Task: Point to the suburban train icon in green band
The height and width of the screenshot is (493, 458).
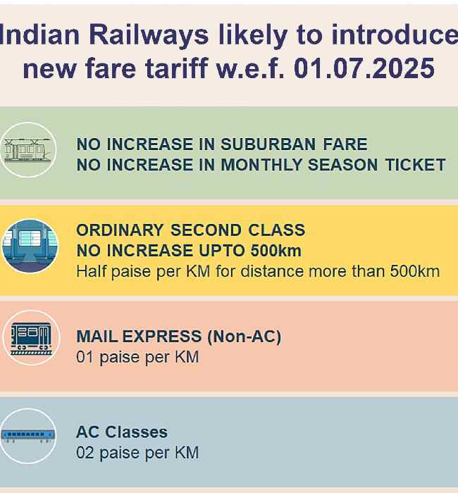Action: pos(28,149)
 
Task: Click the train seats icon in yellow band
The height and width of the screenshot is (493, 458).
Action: pos(28,246)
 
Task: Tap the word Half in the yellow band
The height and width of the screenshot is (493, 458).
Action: pos(91,271)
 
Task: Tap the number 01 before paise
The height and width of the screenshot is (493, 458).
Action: pos(85,357)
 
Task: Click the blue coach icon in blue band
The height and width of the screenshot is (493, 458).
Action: pos(28,436)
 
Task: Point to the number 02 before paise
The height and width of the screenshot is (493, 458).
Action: pos(85,452)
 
